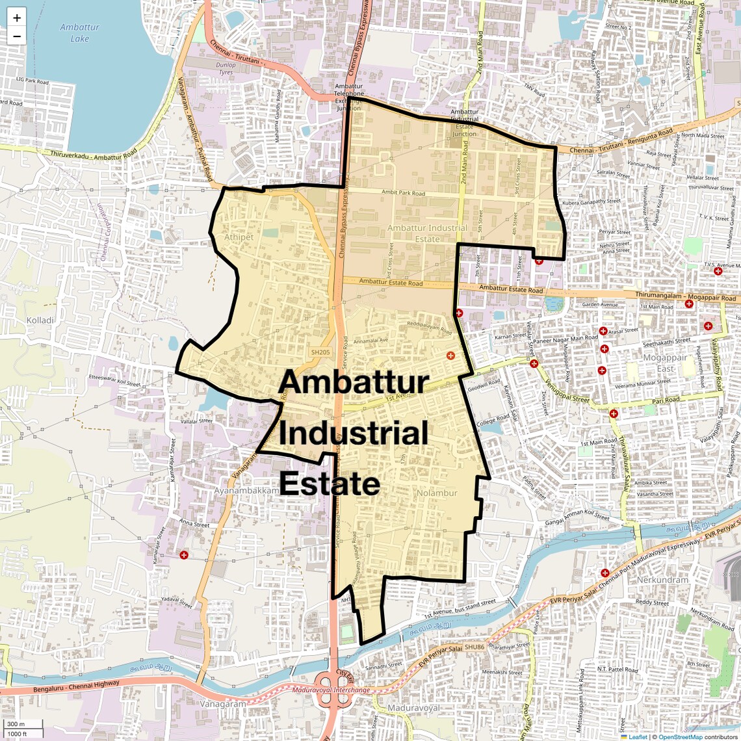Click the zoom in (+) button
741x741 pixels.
point(17,18)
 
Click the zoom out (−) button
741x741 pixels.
point(17,36)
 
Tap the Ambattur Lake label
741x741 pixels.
point(79,32)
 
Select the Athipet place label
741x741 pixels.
point(239,237)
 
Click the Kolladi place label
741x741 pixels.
point(40,320)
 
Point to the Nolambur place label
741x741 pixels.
point(437,493)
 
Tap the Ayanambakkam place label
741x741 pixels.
point(246,491)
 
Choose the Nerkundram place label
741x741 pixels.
point(662,579)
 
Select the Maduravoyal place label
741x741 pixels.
point(413,708)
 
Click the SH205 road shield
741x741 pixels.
point(320,352)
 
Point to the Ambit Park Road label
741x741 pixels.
point(403,192)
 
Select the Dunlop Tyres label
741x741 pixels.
point(226,68)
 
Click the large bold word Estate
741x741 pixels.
point(330,484)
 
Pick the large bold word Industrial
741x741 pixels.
point(354,433)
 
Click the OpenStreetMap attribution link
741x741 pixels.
point(680,736)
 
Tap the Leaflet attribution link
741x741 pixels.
point(637,736)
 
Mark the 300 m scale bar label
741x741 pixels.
point(16,724)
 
